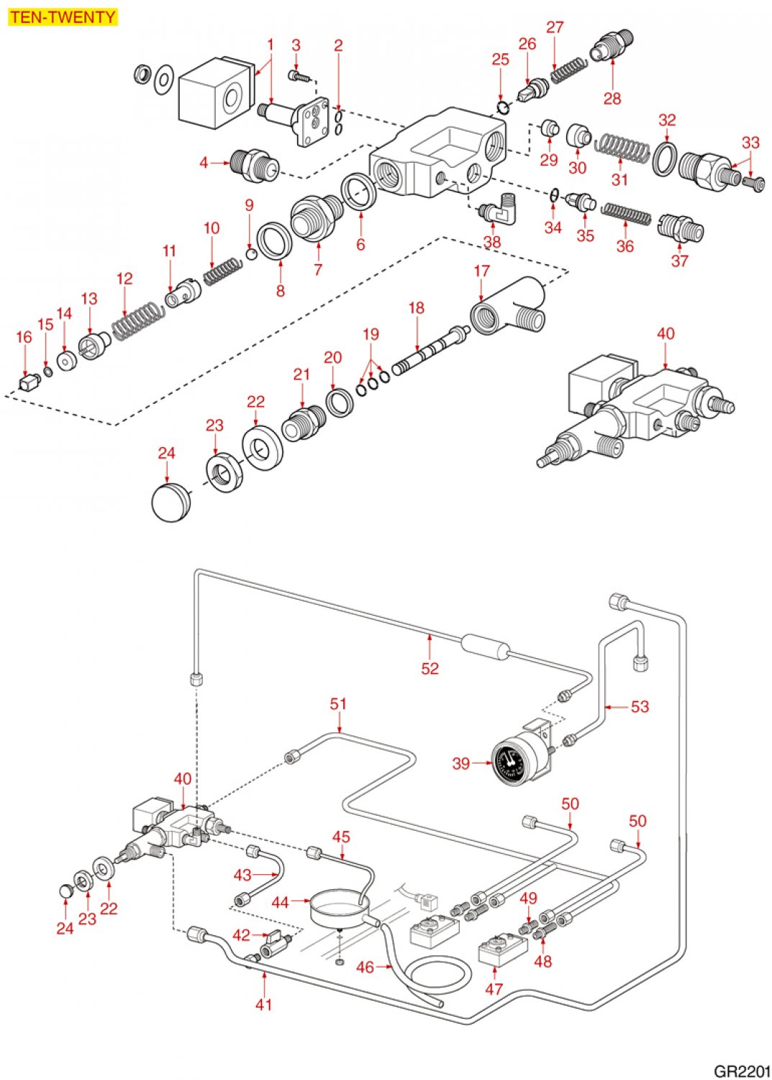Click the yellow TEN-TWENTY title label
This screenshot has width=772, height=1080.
pyautogui.click(x=63, y=17)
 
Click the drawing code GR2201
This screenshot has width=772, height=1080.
pyautogui.click(x=741, y=1071)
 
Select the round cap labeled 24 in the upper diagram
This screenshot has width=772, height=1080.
pyautogui.click(x=171, y=501)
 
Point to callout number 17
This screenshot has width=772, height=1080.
pyautogui.click(x=481, y=271)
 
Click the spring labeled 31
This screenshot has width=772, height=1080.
pyautogui.click(x=623, y=148)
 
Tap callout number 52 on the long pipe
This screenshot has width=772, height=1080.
pyautogui.click(x=430, y=668)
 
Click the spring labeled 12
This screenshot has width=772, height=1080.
pyautogui.click(x=137, y=319)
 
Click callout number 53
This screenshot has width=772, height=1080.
pyautogui.click(x=640, y=706)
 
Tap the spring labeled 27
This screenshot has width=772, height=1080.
pyautogui.click(x=569, y=69)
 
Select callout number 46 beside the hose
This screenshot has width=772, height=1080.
pyautogui.click(x=365, y=967)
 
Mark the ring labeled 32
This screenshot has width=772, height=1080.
pyautogui.click(x=665, y=158)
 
